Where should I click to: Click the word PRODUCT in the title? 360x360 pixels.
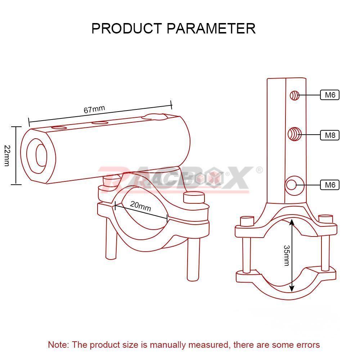127,28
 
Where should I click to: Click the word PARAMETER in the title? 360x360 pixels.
211,28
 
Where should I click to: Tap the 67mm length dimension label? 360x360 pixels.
94,109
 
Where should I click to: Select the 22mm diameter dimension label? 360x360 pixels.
7,156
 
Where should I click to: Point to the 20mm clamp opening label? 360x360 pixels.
140,206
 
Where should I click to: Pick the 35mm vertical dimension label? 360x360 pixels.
287,255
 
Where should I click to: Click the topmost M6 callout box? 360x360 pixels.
330,95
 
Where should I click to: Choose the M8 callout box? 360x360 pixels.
330,135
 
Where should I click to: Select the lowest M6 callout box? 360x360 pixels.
330,185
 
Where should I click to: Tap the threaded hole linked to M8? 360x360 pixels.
294,134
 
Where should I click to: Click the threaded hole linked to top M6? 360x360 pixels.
294,95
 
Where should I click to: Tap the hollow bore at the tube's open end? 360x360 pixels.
41,156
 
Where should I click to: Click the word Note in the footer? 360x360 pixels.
58,345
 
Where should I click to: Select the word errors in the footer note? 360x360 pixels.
308,345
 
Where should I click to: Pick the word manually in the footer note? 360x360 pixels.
167,345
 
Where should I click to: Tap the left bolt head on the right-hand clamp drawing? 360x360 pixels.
247,221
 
